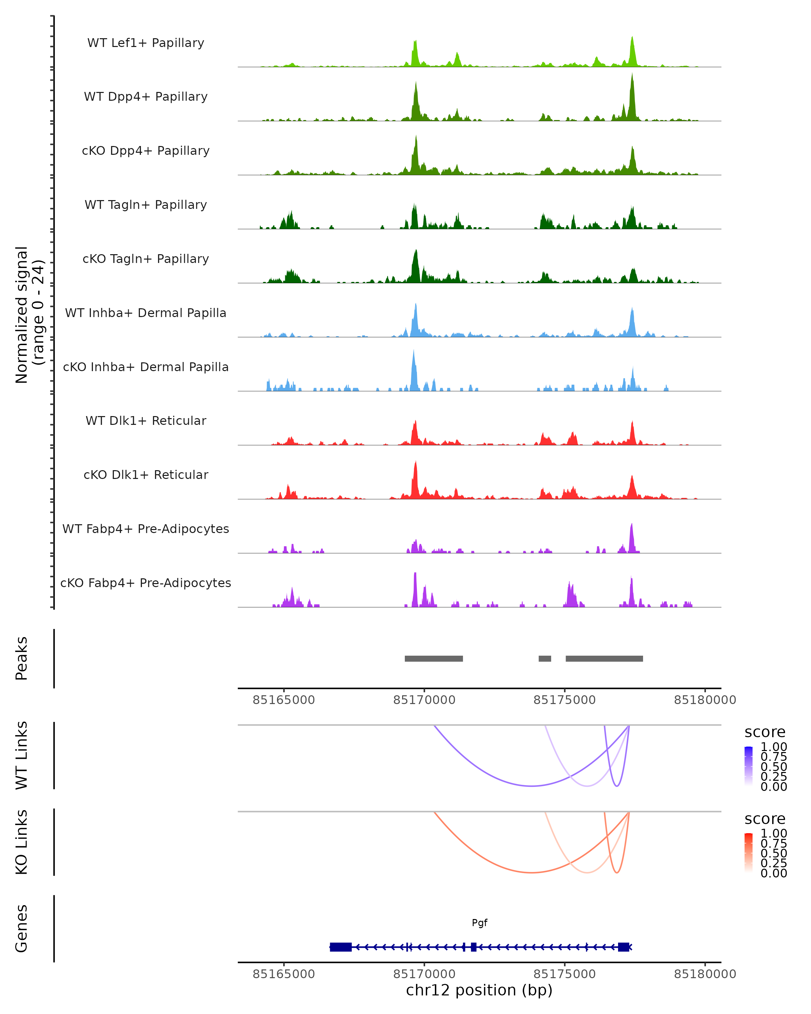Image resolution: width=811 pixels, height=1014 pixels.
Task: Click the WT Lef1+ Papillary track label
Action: pyautogui.click(x=146, y=43)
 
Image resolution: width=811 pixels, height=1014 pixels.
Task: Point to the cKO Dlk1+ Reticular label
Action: pyautogui.click(x=146, y=475)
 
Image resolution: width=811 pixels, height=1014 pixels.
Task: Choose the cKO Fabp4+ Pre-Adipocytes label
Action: pyautogui.click(x=146, y=583)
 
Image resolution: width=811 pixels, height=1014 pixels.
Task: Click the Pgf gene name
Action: pyautogui.click(x=480, y=923)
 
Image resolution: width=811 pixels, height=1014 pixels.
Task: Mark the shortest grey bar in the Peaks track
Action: pyautogui.click(x=545, y=658)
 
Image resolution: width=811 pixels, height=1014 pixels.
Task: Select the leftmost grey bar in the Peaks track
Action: pyautogui.click(x=434, y=658)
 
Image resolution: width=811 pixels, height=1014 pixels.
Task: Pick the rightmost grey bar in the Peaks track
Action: pyautogui.click(x=604, y=658)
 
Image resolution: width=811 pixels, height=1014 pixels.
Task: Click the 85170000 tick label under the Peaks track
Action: pyautogui.click(x=424, y=700)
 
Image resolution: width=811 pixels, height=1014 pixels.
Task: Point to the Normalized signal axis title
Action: pyautogui.click(x=29, y=315)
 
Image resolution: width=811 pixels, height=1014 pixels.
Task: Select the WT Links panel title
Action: pyautogui.click(x=22, y=755)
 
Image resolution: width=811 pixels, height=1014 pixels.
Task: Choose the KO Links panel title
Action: pyautogui.click(x=22, y=842)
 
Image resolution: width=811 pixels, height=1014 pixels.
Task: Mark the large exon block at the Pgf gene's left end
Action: pyautogui.click(x=341, y=947)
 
